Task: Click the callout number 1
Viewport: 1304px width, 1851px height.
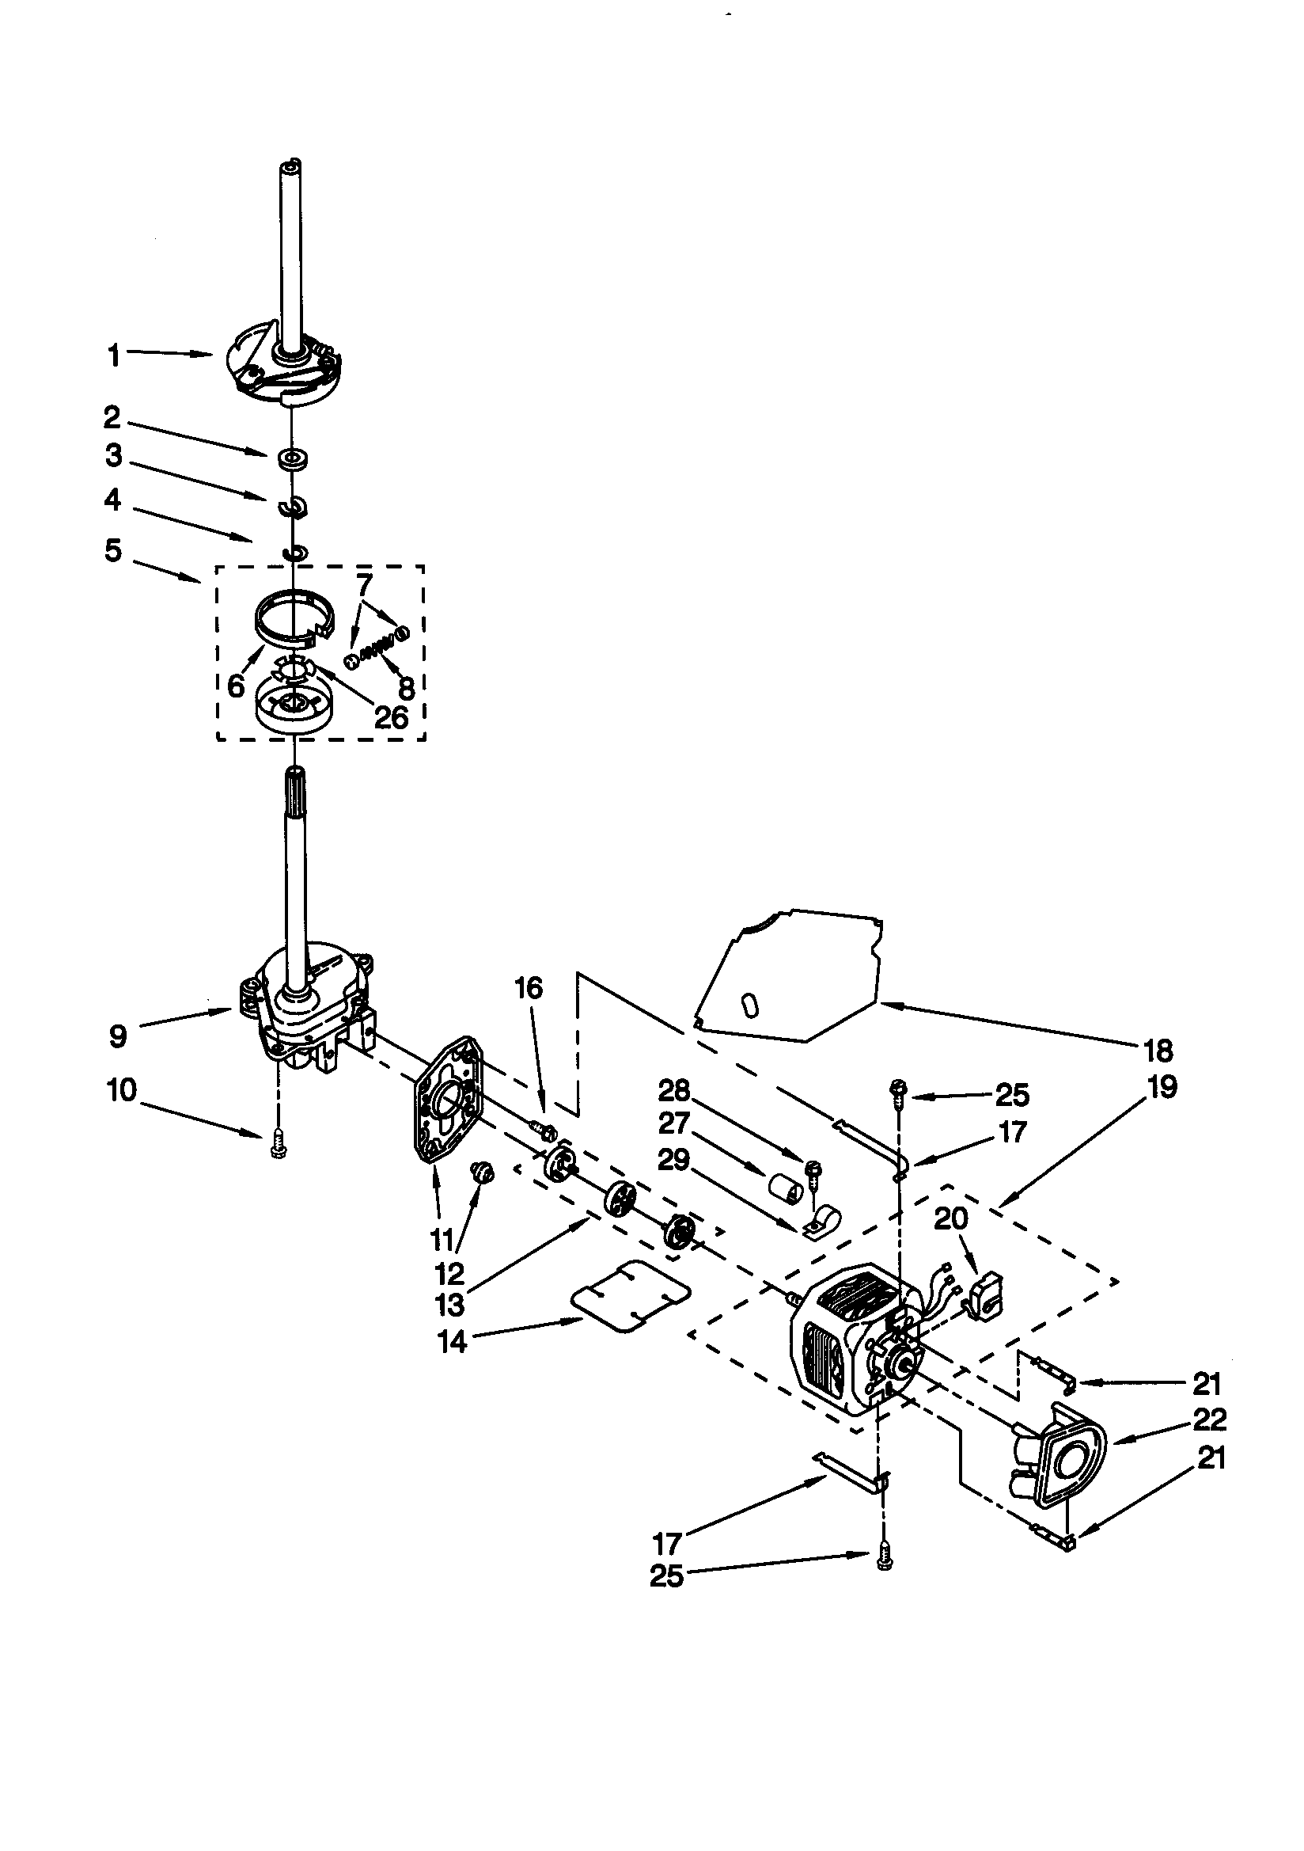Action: pos(114,355)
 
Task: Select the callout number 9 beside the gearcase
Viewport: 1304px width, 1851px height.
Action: pos(119,1036)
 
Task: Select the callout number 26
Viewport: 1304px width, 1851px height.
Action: pos(392,717)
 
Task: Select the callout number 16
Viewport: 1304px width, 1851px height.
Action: pos(529,988)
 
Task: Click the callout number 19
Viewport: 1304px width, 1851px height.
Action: pos(1162,1087)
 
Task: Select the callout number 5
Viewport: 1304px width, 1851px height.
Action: pos(113,552)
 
